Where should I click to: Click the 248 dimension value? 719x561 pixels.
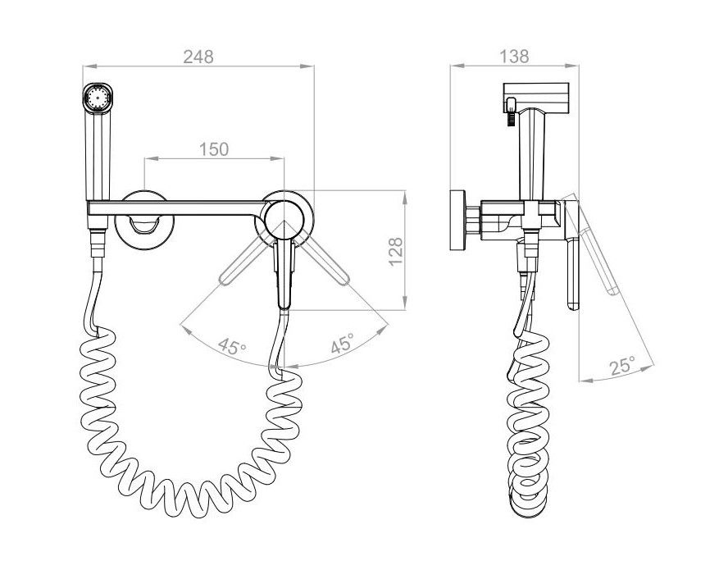point(198,57)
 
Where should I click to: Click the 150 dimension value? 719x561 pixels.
point(214,149)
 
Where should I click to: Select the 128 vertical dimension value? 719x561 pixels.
point(395,250)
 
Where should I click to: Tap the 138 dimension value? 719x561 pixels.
point(514,57)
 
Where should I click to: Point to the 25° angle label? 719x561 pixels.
point(622,367)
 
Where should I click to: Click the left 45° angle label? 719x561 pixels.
point(232,346)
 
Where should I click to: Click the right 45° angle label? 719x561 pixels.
point(342,343)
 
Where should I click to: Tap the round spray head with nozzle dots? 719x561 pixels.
point(98,98)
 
